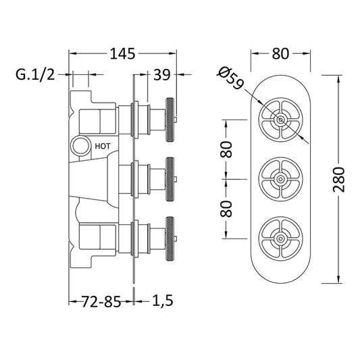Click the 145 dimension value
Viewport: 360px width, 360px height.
tap(123, 54)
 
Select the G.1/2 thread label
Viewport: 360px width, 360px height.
tap(35, 74)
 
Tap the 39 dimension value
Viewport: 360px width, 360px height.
tap(162, 74)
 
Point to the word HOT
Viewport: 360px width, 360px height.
tap(103, 147)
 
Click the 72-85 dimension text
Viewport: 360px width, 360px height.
tap(101, 301)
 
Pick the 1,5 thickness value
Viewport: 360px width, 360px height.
tap(163, 301)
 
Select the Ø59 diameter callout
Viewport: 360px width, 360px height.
tap(230, 78)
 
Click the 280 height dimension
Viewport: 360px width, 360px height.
tap(339, 180)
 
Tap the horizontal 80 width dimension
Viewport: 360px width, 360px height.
tap(280, 54)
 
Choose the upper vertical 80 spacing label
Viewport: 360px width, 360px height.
tap(226, 149)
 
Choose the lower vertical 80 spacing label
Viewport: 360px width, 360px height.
tap(226, 209)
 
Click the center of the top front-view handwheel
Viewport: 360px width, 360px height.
tap(280, 120)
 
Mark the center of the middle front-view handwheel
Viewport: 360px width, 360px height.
tap(280, 179)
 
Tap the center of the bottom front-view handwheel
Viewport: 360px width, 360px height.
tap(280, 238)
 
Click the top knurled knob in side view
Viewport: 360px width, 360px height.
tap(170, 120)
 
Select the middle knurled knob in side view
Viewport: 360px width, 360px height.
tap(170, 179)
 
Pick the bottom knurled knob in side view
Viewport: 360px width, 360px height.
tap(170, 238)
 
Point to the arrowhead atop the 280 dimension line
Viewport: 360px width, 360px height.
tap(339, 81)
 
